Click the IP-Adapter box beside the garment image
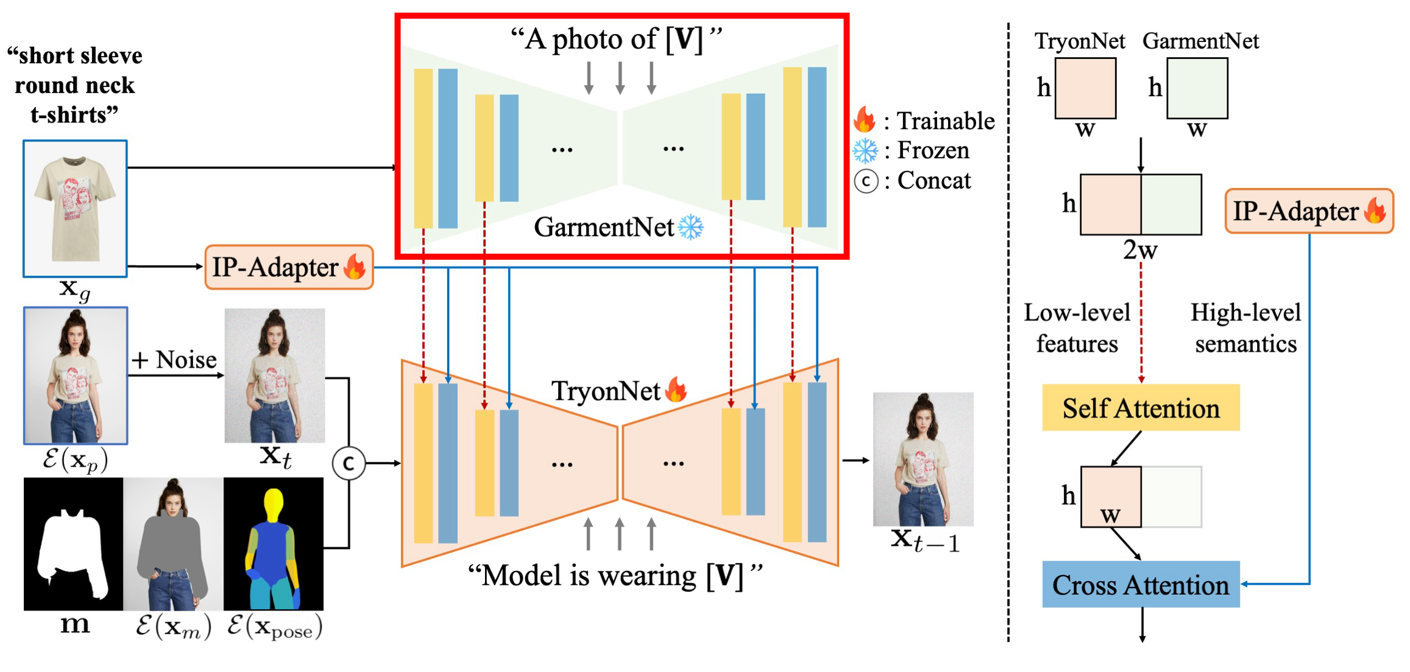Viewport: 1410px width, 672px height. tap(289, 267)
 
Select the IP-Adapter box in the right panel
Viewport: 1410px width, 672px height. tap(1309, 211)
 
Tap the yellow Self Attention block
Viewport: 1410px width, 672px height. tap(1141, 408)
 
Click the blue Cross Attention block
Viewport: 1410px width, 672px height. tap(1141, 584)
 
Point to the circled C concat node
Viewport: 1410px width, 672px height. tap(349, 463)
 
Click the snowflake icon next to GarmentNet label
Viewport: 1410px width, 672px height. tap(691, 227)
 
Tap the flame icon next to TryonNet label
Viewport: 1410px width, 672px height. tap(676, 390)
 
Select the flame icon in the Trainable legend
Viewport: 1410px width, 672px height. tap(865, 120)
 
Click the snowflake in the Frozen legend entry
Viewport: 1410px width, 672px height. tap(865, 150)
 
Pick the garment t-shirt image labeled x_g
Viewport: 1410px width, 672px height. tap(76, 209)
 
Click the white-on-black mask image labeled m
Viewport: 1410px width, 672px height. tap(74, 544)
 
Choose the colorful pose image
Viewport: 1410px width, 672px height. tap(274, 544)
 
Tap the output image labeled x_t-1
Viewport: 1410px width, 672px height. tap(923, 459)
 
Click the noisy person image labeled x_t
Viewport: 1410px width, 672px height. tap(275, 376)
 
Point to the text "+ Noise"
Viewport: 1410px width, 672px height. tap(174, 360)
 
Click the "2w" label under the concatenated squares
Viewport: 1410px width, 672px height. tap(1140, 250)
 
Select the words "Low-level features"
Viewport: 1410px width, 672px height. tap(1077, 328)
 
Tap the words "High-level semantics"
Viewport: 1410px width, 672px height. tap(1245, 328)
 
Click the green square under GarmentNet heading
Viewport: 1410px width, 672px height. tap(1197, 88)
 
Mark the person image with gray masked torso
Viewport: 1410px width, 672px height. tap(174, 544)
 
